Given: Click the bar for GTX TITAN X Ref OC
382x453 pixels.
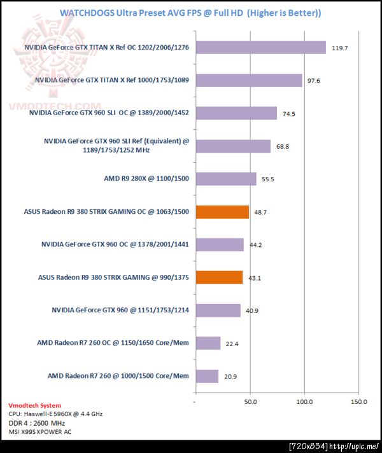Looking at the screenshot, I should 260,48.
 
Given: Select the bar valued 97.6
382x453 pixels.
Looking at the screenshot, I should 249,80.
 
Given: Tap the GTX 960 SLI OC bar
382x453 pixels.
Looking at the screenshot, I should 236,113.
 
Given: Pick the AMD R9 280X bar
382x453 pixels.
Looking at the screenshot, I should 226,179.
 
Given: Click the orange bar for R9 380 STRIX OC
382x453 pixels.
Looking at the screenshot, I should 222,212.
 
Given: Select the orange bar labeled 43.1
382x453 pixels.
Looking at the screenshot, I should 219,277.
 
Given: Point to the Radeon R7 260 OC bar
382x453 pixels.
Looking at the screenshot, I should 208,343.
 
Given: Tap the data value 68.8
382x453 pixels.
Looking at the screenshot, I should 283,147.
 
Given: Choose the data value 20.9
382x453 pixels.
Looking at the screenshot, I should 230,377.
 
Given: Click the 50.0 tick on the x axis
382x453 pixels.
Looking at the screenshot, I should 250,402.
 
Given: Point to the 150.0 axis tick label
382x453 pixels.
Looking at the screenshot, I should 358,402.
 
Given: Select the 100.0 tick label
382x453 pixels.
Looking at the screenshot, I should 304,402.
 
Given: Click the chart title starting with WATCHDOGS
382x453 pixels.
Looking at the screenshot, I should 190,13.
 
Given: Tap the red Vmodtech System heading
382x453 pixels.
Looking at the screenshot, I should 34,405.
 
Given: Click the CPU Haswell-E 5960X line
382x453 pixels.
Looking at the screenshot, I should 57,414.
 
